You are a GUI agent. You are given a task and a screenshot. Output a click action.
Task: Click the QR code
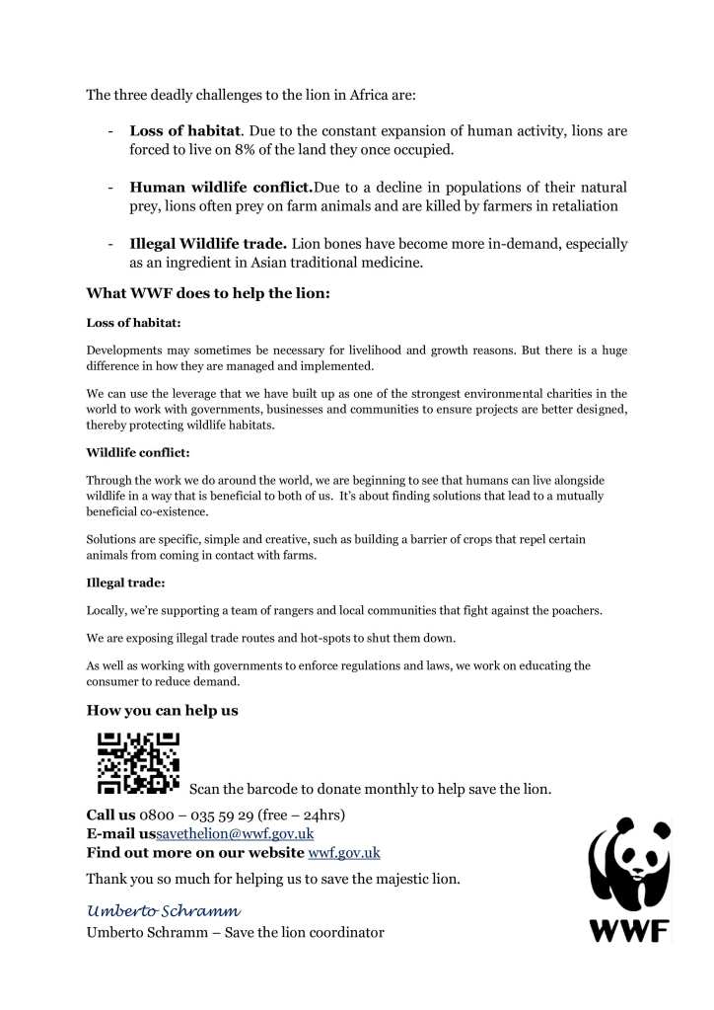pyautogui.click(x=137, y=762)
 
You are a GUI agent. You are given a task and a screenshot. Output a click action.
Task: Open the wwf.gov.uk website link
pyautogui.click(x=344, y=852)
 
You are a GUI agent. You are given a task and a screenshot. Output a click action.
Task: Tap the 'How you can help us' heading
pyautogui.click(x=163, y=710)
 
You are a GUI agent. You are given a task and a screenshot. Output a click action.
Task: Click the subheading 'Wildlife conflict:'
pyautogui.click(x=133, y=454)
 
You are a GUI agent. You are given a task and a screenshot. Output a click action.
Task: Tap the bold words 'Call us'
pyautogui.click(x=110, y=815)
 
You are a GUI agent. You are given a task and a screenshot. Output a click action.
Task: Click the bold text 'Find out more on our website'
pyautogui.click(x=195, y=852)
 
